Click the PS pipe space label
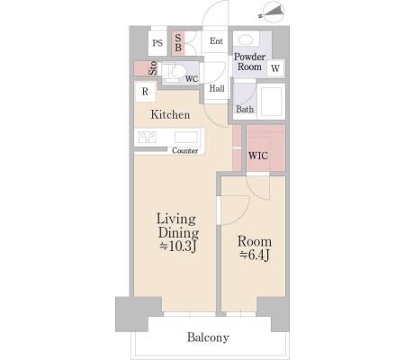[157, 43]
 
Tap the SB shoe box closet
[178, 43]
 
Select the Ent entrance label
[216, 40]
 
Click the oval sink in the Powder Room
[246, 40]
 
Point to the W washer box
[275, 68]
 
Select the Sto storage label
[153, 68]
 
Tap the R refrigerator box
[145, 92]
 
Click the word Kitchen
[170, 114]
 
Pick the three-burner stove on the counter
[147, 137]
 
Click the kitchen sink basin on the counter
[186, 137]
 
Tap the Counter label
[184, 150]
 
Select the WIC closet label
[258, 156]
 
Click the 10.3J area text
[178, 247]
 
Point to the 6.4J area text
[255, 255]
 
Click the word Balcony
[208, 337]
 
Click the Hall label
[217, 88]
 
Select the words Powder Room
[249, 62]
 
